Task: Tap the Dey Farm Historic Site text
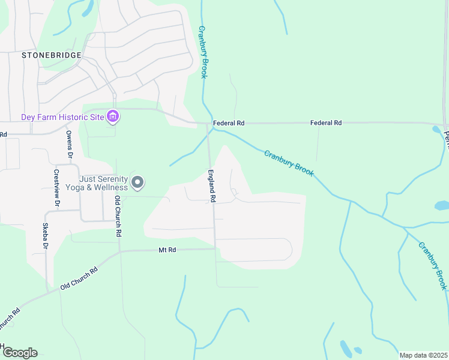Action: [x=62, y=117]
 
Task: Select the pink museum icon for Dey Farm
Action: [x=112, y=117]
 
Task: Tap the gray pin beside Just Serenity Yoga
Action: [x=137, y=182]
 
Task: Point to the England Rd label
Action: [x=211, y=185]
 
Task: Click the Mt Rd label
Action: [x=167, y=250]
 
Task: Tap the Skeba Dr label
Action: [x=45, y=235]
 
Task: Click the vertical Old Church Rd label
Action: [x=119, y=215]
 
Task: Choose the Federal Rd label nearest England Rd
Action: [x=229, y=123]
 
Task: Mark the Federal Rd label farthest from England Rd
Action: [x=325, y=123]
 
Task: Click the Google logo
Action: [x=19, y=353]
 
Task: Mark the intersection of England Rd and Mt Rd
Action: [x=215, y=248]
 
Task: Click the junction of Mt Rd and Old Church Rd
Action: [x=119, y=252]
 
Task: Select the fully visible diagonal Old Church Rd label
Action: [x=79, y=279]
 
